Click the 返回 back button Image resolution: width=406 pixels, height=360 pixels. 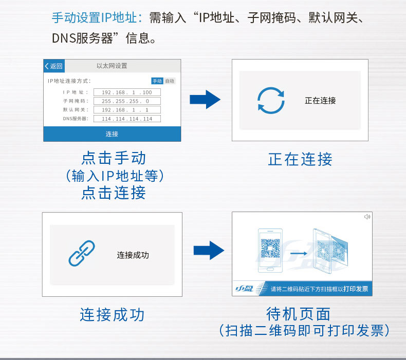pos(54,66)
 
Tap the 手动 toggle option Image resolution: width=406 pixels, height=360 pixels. pos(157,81)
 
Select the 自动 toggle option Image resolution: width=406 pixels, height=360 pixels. pos(170,81)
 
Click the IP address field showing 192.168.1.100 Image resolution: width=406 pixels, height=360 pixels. pos(127,92)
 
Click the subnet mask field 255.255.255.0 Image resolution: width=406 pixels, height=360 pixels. pos(127,101)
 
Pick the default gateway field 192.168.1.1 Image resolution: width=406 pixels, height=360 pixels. pos(127,110)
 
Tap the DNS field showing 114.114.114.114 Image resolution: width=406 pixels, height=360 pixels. pos(127,119)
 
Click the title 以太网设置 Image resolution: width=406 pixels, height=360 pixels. pos(112,66)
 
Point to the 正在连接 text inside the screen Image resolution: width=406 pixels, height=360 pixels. pos(320,101)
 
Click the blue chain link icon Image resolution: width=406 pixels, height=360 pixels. pos(82,253)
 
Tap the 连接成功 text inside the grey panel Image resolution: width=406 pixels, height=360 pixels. pos(133,255)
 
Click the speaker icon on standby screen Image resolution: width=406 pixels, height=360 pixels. pos(367,217)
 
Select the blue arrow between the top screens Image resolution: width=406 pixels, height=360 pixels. pos(205,100)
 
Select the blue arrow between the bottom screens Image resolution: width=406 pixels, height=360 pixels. pos(209,250)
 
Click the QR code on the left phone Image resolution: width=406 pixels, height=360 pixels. pos(270,248)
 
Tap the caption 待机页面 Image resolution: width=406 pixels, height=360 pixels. pos(298,314)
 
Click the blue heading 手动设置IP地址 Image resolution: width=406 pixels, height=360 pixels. pos(94,18)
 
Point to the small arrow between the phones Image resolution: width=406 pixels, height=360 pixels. pos(299,253)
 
